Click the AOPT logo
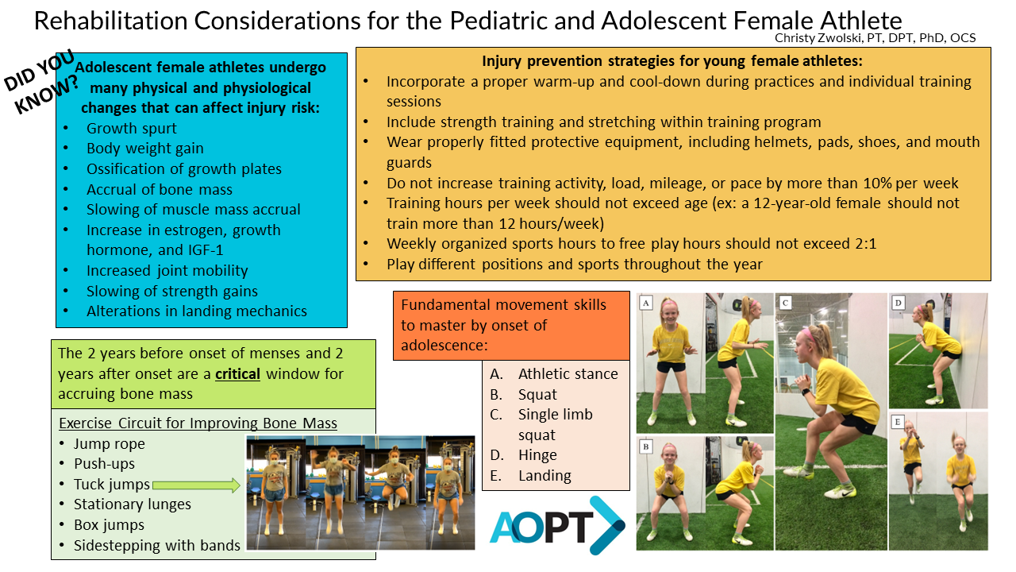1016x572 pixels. click(x=557, y=526)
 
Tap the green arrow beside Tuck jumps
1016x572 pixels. click(x=196, y=485)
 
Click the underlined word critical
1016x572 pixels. click(x=237, y=374)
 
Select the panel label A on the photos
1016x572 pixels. click(x=646, y=303)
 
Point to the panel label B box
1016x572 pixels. click(x=646, y=447)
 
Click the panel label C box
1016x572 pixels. click(x=785, y=303)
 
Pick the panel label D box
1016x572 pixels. click(x=898, y=303)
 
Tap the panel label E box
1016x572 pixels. click(x=898, y=422)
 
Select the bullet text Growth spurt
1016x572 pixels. click(x=132, y=129)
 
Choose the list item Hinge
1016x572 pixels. click(x=537, y=455)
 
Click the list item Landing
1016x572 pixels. click(x=545, y=475)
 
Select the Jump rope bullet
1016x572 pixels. click(x=110, y=443)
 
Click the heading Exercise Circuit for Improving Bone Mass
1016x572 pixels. click(x=198, y=423)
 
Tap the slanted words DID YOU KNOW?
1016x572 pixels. click(x=40, y=82)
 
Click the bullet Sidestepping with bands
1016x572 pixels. click(x=157, y=545)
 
